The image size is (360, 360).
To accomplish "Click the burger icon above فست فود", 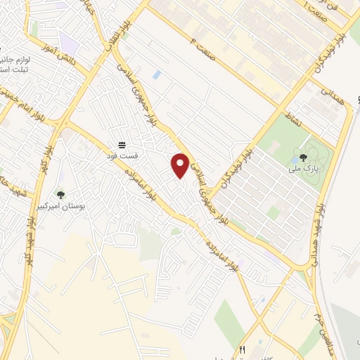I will coord(123,143).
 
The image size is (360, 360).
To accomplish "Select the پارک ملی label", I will coord(303,169).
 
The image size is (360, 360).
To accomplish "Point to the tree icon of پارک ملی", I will coord(303,157).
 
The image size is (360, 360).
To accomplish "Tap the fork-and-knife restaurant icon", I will coord(243,349).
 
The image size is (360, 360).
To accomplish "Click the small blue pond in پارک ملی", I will coord(292,161).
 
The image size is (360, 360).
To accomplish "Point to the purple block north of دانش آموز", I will coord(68,39).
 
